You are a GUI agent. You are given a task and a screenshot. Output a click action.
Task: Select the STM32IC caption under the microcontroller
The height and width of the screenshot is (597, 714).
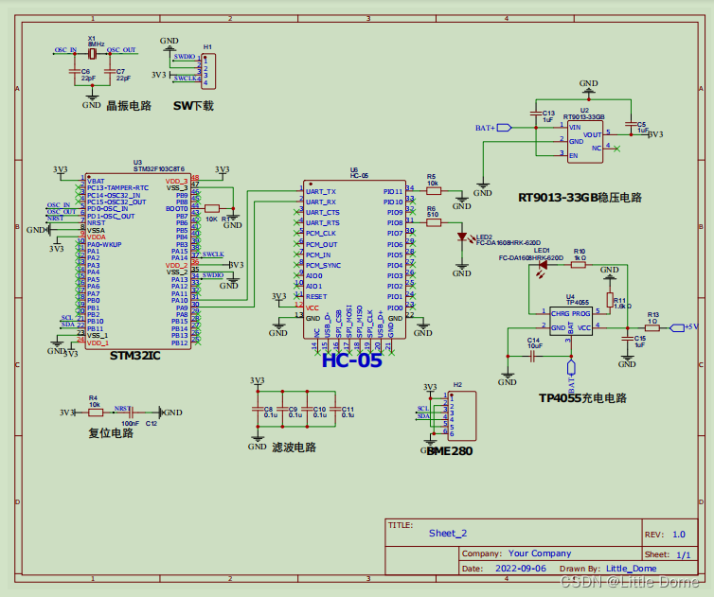coord(134,356)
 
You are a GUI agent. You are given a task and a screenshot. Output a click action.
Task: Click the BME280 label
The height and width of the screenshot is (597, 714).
coord(448,450)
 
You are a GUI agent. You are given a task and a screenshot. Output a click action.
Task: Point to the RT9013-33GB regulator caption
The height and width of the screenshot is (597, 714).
coord(580,198)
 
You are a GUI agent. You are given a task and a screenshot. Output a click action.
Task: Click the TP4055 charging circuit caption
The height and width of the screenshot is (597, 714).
coord(582,398)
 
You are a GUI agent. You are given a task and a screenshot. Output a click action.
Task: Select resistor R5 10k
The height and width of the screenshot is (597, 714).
coord(433,190)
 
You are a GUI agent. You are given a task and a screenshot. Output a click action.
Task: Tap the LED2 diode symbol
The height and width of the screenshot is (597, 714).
coord(462,237)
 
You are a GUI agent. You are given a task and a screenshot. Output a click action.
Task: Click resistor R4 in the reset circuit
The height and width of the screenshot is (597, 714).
coord(94,413)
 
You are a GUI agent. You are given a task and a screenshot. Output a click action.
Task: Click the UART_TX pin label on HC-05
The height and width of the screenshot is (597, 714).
coord(321,191)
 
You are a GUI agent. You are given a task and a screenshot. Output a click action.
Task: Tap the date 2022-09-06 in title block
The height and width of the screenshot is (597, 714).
coord(520,570)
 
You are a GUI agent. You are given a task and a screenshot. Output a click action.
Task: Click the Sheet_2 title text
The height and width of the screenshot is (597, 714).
coord(447,534)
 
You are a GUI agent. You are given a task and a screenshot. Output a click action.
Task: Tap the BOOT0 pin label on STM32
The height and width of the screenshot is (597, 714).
coord(176,208)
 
